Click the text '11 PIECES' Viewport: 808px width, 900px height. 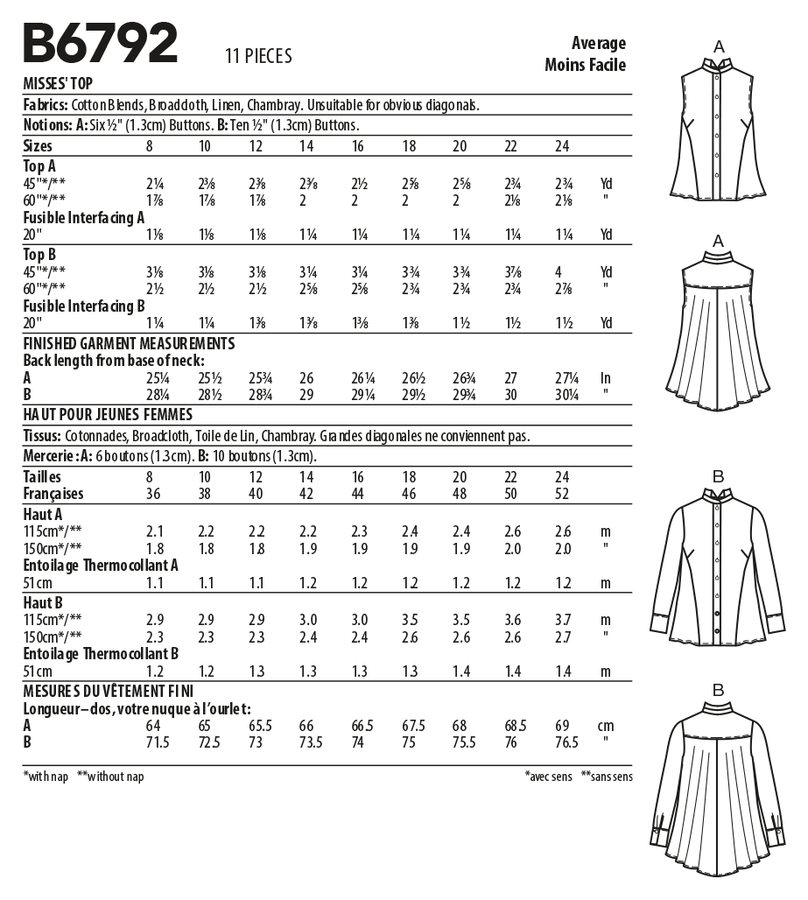[258, 57]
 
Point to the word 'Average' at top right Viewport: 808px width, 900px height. [599, 43]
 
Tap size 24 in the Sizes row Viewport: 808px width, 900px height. [563, 146]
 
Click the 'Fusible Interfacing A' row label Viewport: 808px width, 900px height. [84, 217]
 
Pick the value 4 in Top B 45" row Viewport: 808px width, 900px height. [558, 271]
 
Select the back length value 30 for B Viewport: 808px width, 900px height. [512, 396]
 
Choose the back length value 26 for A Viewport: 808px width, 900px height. [306, 378]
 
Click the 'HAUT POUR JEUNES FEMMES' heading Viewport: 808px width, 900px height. [108, 413]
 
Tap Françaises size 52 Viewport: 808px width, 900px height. [563, 494]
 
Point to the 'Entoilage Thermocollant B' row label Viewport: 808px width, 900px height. [102, 653]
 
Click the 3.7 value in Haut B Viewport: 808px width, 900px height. [563, 619]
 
